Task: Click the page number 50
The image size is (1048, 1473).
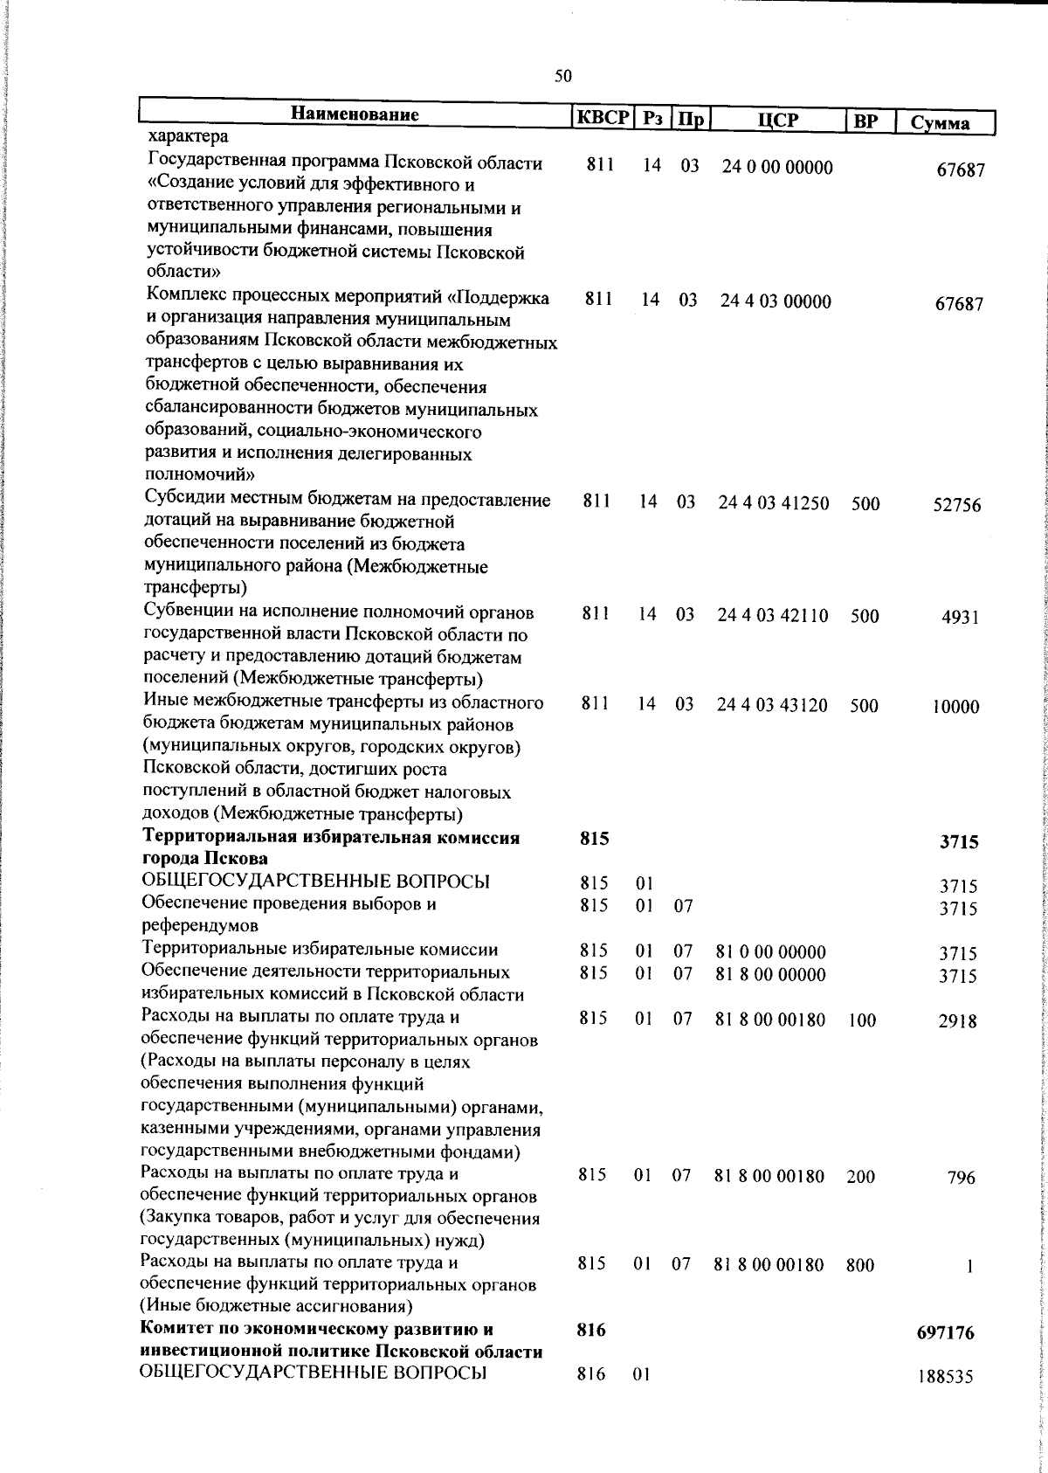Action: tap(563, 76)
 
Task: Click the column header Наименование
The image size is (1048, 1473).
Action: tap(355, 114)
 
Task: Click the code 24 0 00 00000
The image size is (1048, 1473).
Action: tap(776, 168)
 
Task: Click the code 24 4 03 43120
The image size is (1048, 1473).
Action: tap(773, 704)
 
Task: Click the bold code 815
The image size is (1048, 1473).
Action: tap(594, 839)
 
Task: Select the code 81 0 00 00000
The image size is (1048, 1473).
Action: tap(770, 952)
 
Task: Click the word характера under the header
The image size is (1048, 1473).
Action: tap(189, 137)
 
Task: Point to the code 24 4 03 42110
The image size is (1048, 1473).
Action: tap(773, 615)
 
